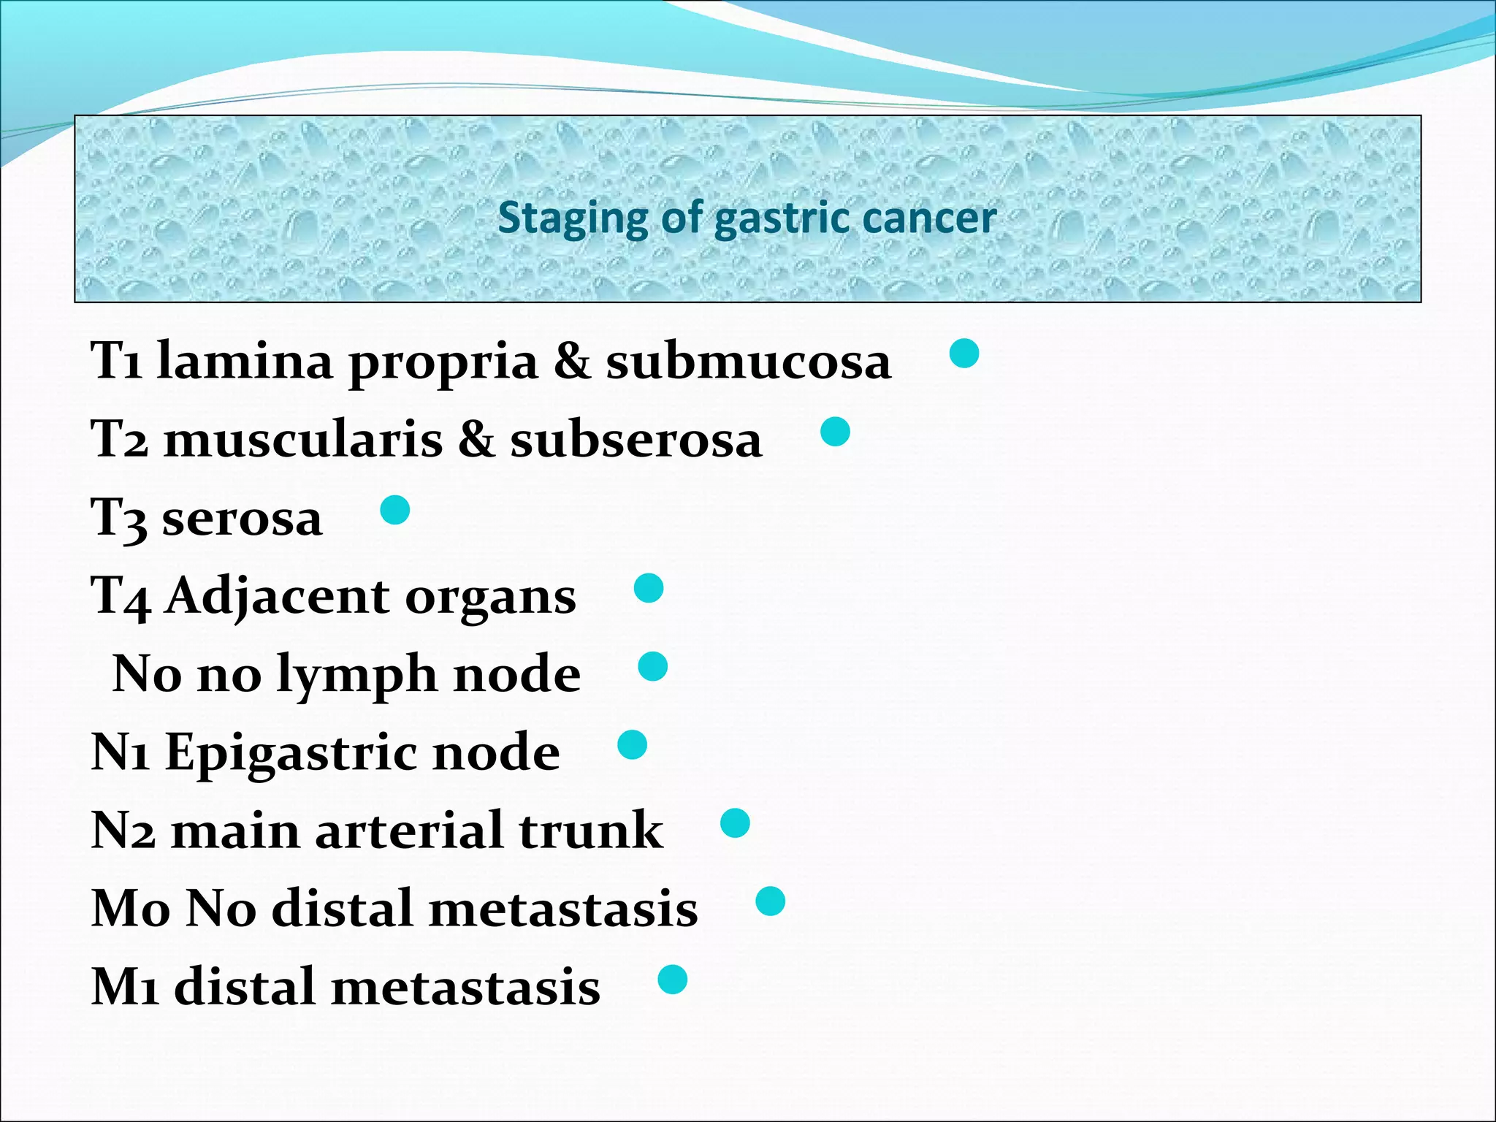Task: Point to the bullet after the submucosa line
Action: pyautogui.click(x=963, y=354)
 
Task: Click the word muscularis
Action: pyautogui.click(x=303, y=440)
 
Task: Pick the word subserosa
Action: pyautogui.click(x=636, y=440)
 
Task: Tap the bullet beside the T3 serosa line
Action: pyautogui.click(x=395, y=510)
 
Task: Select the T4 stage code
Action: pyautogui.click(x=121, y=596)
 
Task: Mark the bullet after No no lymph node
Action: pyautogui.click(x=652, y=666)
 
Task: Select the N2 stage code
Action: pyautogui.click(x=123, y=831)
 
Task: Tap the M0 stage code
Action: pyautogui.click(x=131, y=909)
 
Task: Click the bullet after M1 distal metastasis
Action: pyautogui.click(x=672, y=980)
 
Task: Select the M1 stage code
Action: pyautogui.click(x=125, y=987)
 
